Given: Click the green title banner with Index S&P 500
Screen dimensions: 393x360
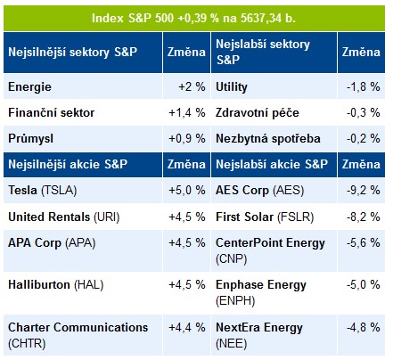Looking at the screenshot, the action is point(194,18).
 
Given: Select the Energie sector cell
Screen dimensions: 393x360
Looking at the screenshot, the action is point(83,86).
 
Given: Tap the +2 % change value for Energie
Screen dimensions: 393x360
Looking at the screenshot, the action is point(192,87).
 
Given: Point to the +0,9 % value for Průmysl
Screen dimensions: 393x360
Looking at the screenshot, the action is point(187,139).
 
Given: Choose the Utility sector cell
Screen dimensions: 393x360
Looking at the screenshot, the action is point(274,86).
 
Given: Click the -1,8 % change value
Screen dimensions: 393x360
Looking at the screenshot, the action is point(364,87).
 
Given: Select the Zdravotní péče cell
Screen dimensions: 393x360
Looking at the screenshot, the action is point(274,112).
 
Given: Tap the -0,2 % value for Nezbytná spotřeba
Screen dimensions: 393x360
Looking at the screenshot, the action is point(364,139).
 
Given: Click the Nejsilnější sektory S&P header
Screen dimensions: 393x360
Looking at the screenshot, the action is point(83,53).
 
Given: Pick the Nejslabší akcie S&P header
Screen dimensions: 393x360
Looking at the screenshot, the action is point(274,165).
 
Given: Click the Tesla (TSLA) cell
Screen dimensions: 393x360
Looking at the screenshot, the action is point(83,191).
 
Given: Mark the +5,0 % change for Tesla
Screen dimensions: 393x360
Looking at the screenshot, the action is point(187,191).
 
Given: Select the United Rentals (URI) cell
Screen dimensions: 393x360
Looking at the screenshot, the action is point(83,217).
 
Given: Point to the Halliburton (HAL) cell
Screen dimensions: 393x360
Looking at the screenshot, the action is point(83,293).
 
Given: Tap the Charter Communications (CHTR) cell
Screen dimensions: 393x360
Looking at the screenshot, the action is point(83,335).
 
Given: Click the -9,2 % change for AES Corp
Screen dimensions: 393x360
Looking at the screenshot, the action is point(364,191).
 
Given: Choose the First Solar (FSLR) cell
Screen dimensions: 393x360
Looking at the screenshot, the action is point(274,217).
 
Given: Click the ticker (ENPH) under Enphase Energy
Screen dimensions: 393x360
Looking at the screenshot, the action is point(235,301).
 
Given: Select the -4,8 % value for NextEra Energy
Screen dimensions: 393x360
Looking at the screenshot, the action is point(364,328).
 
